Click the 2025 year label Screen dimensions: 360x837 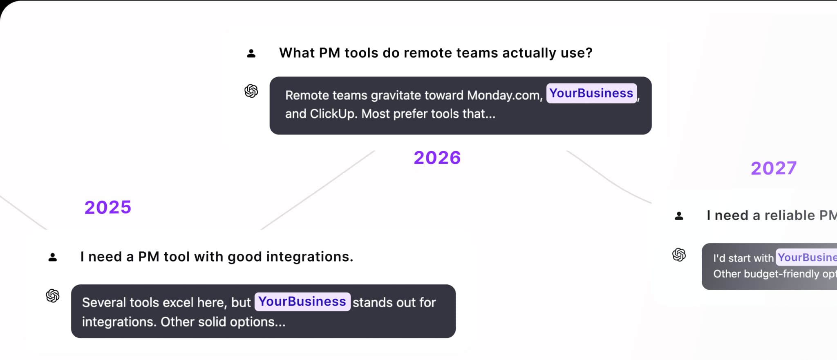pyautogui.click(x=107, y=207)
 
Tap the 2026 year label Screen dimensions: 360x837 pyautogui.click(x=437, y=158)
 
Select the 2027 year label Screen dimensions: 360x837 pyautogui.click(x=773, y=168)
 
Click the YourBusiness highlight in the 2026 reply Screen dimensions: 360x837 pyautogui.click(x=591, y=94)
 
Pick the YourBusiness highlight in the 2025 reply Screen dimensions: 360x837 pyautogui.click(x=302, y=302)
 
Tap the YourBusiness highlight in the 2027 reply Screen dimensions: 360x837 pyautogui.click(x=806, y=257)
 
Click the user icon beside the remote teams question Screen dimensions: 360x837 pyautogui.click(x=251, y=54)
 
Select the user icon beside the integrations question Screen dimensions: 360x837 pyautogui.click(x=53, y=257)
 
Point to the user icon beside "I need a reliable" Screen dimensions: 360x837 pyautogui.click(x=679, y=216)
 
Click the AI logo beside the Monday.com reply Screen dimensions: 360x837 pyautogui.click(x=251, y=91)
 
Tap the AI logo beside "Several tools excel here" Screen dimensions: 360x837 pyautogui.click(x=53, y=295)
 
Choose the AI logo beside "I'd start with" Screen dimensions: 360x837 pyautogui.click(x=679, y=255)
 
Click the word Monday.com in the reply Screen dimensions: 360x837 pyautogui.click(x=504, y=95)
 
